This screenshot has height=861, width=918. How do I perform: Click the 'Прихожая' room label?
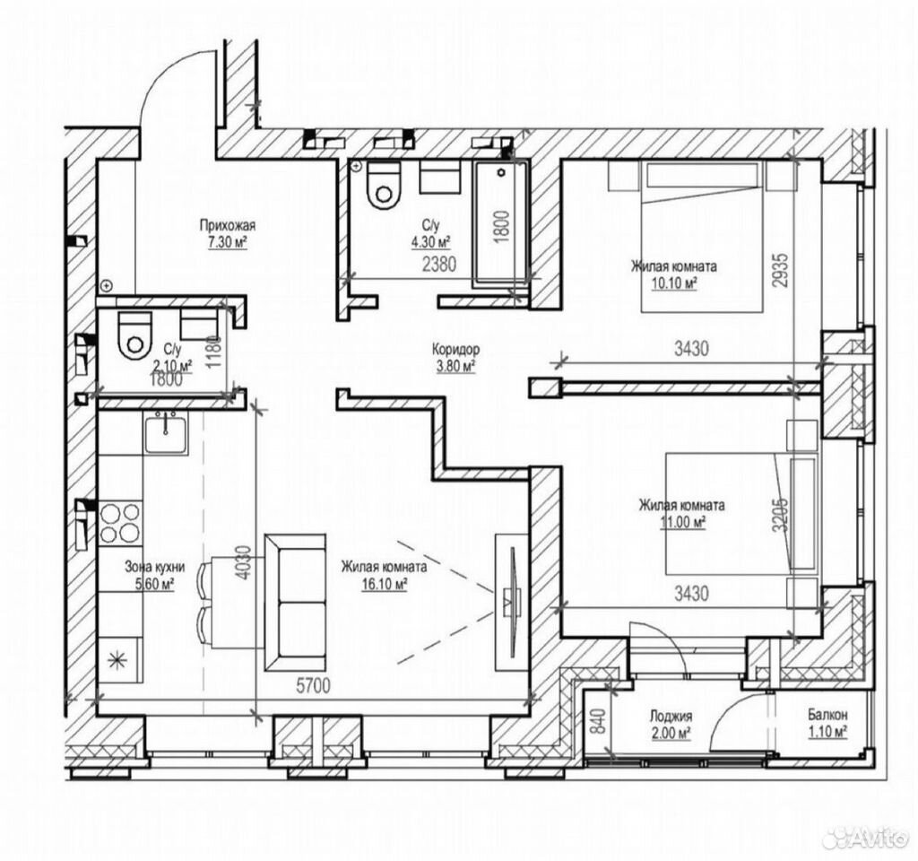pyautogui.click(x=227, y=225)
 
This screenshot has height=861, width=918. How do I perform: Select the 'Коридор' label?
pyautogui.click(x=455, y=350)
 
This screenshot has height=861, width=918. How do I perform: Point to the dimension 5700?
pyautogui.click(x=313, y=685)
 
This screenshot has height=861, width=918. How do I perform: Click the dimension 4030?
pyautogui.click(x=246, y=562)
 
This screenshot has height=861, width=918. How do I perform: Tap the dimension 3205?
pyautogui.click(x=781, y=515)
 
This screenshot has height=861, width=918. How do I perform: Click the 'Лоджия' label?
pyautogui.click(x=671, y=716)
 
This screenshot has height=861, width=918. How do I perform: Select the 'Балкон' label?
pyautogui.click(x=827, y=715)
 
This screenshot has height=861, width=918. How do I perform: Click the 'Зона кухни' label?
pyautogui.click(x=154, y=567)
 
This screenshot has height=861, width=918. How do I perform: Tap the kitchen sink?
pyautogui.click(x=166, y=432)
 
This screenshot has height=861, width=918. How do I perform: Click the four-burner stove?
pyautogui.click(x=121, y=523)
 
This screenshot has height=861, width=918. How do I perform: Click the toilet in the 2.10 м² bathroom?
pyautogui.click(x=135, y=335)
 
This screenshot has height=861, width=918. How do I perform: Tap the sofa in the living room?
pyautogui.click(x=295, y=602)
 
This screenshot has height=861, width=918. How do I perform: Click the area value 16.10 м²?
pyautogui.click(x=384, y=584)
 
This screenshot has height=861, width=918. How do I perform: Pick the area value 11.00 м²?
pyautogui.click(x=682, y=522)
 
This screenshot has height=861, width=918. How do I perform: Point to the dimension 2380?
pyautogui.click(x=439, y=265)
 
